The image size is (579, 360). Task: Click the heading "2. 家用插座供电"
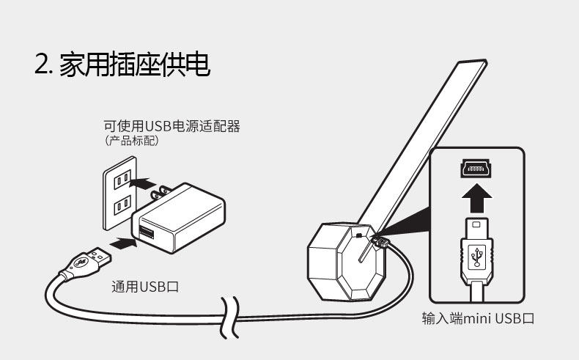122,65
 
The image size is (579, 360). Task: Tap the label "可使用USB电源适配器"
172,126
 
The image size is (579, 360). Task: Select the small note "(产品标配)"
132,140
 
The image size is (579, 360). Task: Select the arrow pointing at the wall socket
151,182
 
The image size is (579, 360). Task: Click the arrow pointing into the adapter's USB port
120,240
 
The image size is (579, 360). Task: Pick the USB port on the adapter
145,233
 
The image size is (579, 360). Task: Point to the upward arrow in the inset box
477,196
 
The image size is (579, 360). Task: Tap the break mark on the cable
231,317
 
